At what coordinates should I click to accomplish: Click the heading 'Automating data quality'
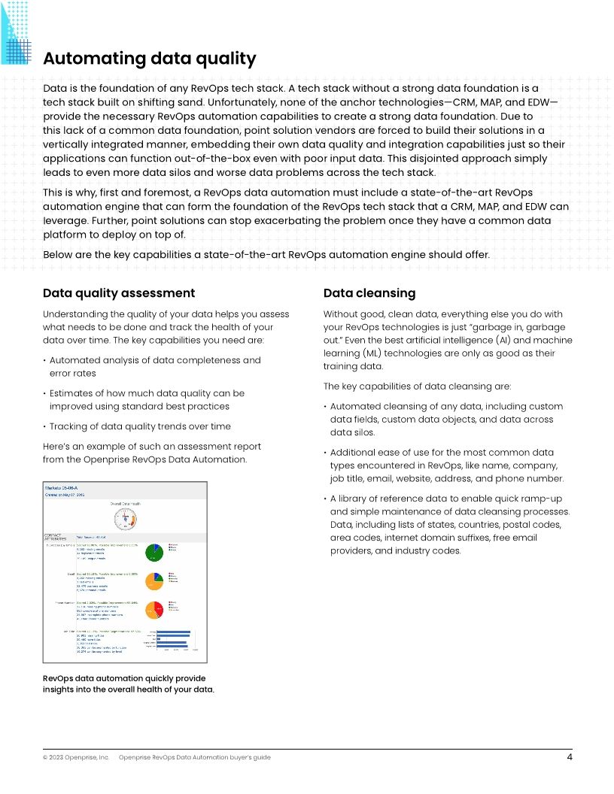click(x=149, y=59)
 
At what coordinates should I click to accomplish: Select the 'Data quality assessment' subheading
click(x=119, y=293)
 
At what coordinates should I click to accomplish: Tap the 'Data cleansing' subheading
click(x=369, y=293)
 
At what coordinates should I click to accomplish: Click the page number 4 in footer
click(x=570, y=757)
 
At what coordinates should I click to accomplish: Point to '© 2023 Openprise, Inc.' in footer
click(x=76, y=757)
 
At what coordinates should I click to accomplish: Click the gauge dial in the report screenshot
click(x=126, y=518)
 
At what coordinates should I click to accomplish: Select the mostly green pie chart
click(x=155, y=552)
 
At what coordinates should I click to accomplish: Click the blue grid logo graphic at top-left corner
click(x=16, y=32)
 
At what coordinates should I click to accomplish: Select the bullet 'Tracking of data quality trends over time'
click(x=140, y=426)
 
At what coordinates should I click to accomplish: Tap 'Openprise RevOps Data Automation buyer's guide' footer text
click(x=195, y=757)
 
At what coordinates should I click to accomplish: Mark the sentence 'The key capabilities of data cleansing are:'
click(x=417, y=386)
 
